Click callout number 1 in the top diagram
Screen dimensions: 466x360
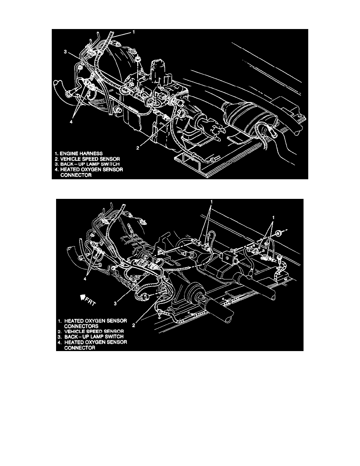tap(134, 33)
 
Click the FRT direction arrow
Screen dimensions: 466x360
tap(84, 301)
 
